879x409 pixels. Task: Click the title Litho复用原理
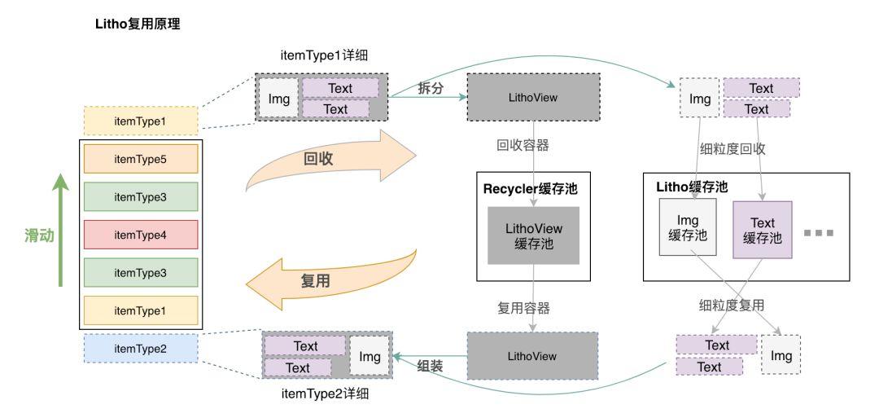(138, 24)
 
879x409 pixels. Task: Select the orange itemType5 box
(141, 159)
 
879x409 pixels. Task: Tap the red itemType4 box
(141, 235)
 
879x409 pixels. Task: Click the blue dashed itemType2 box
(141, 349)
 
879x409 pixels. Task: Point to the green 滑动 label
(37, 235)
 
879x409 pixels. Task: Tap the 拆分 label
(431, 88)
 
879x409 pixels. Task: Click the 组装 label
(431, 366)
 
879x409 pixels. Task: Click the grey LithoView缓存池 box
(533, 235)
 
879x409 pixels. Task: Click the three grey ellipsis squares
(818, 233)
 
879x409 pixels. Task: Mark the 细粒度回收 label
(732, 149)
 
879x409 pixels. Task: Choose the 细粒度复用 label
(732, 306)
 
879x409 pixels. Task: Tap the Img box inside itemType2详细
(370, 357)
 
